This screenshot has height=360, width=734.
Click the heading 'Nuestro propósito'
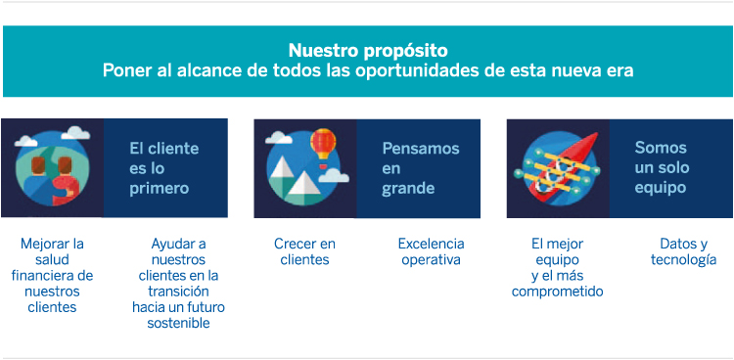point(368,50)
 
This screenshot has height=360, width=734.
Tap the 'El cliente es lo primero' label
point(163,167)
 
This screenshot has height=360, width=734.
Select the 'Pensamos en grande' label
point(420,167)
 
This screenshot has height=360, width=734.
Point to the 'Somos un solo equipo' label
point(661,167)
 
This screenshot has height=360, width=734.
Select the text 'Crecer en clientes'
point(304,251)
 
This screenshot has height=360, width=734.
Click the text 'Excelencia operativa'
point(431,251)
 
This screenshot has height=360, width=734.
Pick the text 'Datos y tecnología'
point(683,251)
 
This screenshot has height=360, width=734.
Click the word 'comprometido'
point(557,292)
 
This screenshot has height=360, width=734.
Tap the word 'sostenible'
point(178,323)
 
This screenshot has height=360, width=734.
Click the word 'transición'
point(179,292)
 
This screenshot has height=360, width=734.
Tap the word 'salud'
point(53,259)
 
